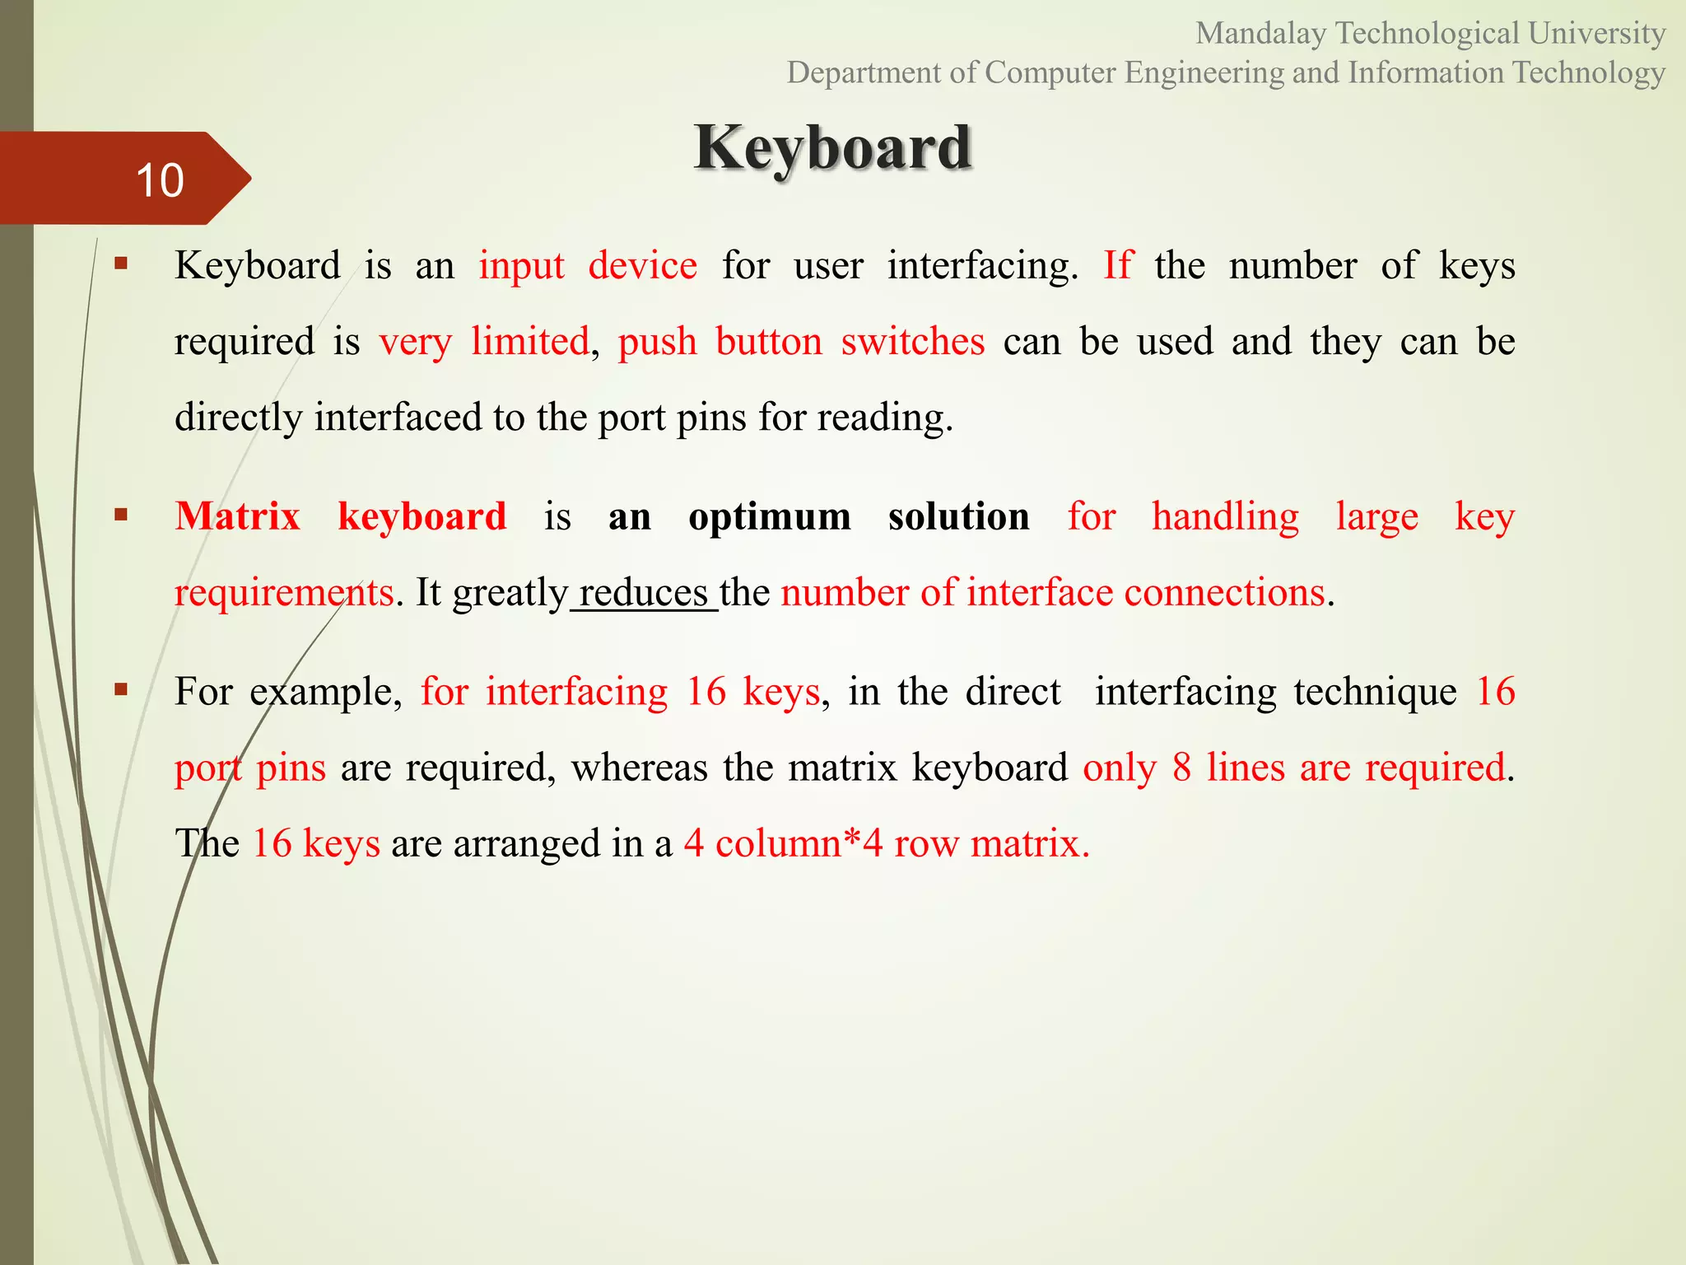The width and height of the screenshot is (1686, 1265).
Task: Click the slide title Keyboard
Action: click(832, 148)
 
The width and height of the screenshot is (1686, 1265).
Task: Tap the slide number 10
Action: click(160, 180)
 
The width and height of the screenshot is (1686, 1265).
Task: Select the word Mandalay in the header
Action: click(1260, 34)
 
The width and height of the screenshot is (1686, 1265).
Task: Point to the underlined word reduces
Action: click(643, 593)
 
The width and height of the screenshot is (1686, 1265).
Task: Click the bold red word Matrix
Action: click(238, 517)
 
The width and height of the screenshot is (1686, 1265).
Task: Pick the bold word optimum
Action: click(770, 517)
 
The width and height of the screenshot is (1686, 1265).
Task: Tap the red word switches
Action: click(912, 342)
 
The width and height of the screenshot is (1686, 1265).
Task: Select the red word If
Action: click(1118, 266)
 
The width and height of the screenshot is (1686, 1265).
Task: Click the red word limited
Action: click(530, 342)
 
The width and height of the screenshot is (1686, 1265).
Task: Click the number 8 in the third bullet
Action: click(1182, 768)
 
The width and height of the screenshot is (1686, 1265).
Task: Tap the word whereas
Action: click(639, 768)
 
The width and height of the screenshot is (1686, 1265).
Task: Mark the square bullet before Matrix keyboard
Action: click(122, 516)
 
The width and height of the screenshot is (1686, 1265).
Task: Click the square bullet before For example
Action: click(122, 690)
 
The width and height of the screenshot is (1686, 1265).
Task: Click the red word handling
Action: click(1225, 517)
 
